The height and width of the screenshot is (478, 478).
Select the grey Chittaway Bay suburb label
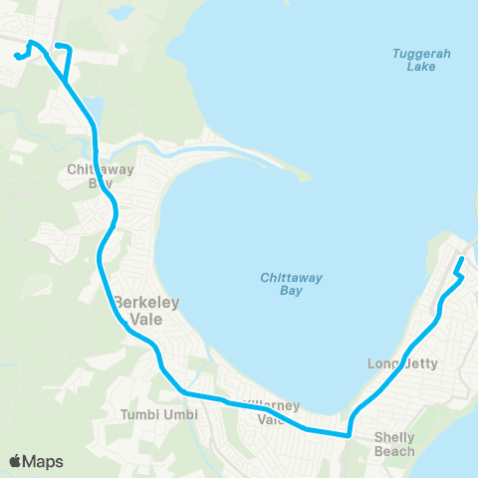pyautogui.click(x=93, y=176)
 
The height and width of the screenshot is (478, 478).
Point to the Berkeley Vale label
pyautogui.click(x=145, y=312)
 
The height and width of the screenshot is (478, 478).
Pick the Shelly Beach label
pyautogui.click(x=394, y=443)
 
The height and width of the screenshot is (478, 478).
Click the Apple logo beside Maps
pyautogui.click(x=15, y=461)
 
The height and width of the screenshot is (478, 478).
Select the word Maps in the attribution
pyautogui.click(x=43, y=461)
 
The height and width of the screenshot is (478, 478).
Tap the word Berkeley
pyautogui.click(x=145, y=303)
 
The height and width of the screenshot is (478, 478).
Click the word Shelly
pyautogui.click(x=394, y=436)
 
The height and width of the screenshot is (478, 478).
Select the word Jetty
pyautogui.click(x=413, y=363)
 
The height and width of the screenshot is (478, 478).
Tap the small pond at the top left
pyautogui.click(x=120, y=14)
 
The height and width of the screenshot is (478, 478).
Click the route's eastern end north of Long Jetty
pyautogui.click(x=461, y=260)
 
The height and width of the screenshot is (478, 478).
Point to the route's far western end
pyautogui.click(x=17, y=56)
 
